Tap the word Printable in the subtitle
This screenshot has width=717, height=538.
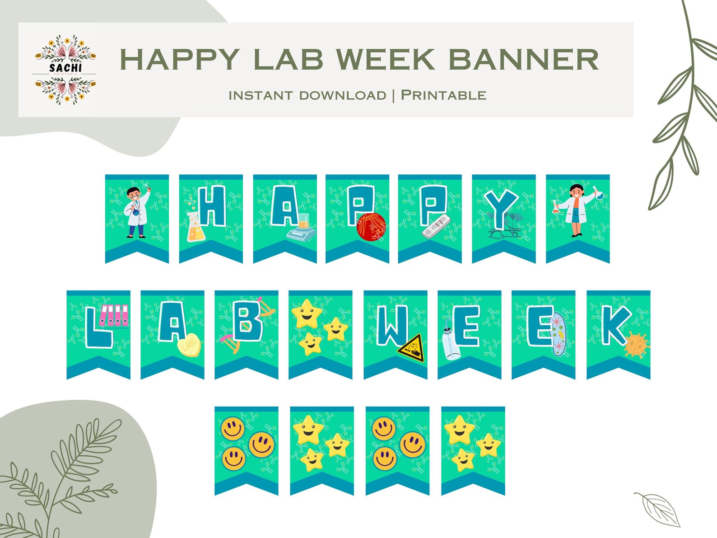[443, 95]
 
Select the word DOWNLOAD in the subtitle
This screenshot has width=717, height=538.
[343, 96]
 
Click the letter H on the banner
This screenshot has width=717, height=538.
[212, 206]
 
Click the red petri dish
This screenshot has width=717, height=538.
[371, 227]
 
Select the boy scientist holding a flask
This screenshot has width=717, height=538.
[137, 211]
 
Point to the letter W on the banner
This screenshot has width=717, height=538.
[392, 326]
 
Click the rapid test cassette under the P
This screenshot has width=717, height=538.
[436, 227]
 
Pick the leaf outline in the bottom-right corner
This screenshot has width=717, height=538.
[658, 509]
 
